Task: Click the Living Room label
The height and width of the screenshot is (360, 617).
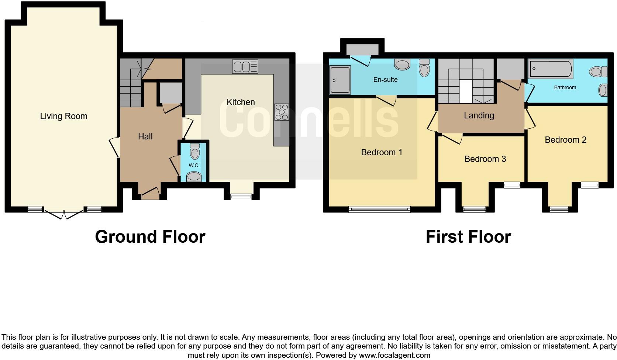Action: point(63,116)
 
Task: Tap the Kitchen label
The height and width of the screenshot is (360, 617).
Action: point(241,102)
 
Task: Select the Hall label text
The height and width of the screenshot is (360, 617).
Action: point(145,136)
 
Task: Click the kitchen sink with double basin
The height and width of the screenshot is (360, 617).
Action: point(245,67)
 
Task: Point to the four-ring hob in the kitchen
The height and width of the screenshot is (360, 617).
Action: point(282,112)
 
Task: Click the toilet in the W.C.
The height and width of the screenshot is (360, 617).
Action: point(194,151)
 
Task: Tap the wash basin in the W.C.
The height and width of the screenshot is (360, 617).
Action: point(194,177)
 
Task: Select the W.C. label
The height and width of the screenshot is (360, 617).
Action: point(194,165)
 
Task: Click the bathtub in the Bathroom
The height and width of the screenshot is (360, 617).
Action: point(551,69)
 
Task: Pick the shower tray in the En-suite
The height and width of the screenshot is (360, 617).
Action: point(339,80)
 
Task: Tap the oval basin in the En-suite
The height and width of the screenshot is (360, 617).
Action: point(402,65)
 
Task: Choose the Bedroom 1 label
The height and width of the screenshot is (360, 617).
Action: point(382,152)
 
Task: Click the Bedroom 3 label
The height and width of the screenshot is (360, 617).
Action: point(485,159)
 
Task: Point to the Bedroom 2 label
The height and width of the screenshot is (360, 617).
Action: point(565,140)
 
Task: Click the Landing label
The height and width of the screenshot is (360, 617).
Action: point(479,115)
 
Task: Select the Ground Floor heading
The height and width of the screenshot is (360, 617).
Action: point(150,237)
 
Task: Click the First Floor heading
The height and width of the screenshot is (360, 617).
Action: point(468,237)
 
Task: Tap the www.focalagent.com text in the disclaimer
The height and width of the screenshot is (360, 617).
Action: point(394,356)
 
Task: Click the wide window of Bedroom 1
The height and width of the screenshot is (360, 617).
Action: point(379,210)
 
